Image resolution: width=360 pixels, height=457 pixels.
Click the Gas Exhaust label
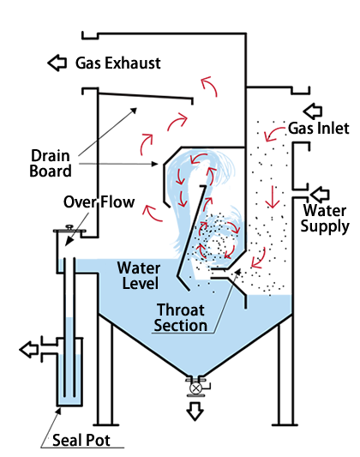(x=118, y=63)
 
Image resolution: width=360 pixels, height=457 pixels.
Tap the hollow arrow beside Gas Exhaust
(x=57, y=63)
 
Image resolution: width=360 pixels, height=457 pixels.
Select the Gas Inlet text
(x=319, y=129)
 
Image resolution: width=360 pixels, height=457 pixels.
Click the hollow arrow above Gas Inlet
(x=313, y=111)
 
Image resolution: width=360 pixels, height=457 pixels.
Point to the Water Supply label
(x=325, y=219)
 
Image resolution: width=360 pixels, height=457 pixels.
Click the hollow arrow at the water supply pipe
(x=320, y=195)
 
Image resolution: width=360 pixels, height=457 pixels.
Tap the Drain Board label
(x=51, y=163)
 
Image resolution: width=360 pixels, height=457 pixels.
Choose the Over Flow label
(x=99, y=202)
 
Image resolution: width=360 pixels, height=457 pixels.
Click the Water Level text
(x=139, y=275)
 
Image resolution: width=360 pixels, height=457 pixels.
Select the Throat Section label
(x=181, y=317)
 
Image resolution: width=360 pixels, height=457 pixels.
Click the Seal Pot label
(x=81, y=440)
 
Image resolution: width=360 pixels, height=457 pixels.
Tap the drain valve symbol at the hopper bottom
(x=195, y=388)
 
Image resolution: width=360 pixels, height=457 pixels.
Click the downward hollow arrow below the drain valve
(x=195, y=412)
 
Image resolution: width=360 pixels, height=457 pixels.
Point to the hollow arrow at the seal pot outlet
(x=29, y=349)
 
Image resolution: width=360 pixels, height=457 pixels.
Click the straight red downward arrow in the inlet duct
(x=273, y=197)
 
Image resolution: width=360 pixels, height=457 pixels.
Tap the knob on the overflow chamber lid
(x=69, y=227)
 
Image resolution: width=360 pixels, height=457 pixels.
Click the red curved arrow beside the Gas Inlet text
(x=273, y=133)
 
